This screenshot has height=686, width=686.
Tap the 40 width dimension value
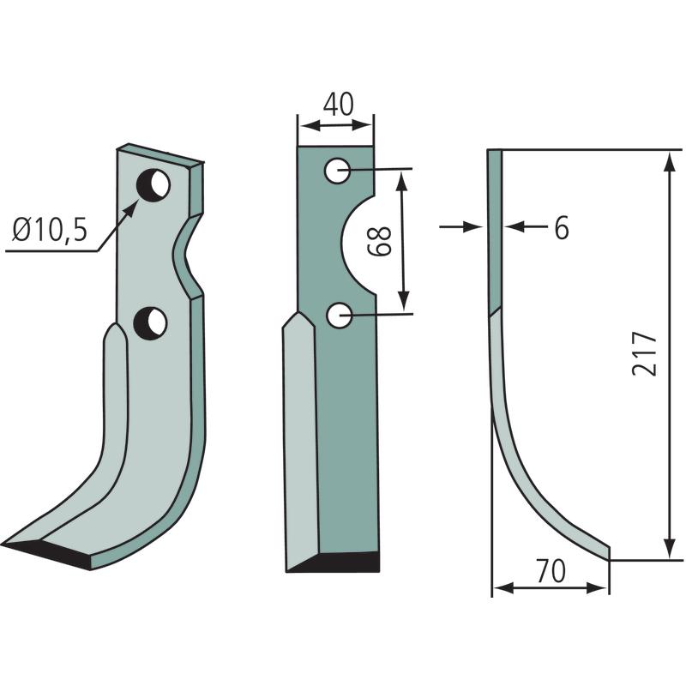click(338, 105)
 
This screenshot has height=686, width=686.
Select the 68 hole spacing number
click(379, 241)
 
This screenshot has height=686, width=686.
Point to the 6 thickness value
click(562, 228)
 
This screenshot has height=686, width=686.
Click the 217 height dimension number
click(645, 353)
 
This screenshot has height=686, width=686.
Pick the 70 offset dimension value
click(551, 571)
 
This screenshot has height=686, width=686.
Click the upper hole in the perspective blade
click(153, 185)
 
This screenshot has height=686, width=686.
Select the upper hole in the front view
click(337, 170)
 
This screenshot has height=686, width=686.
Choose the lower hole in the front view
click(339, 315)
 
